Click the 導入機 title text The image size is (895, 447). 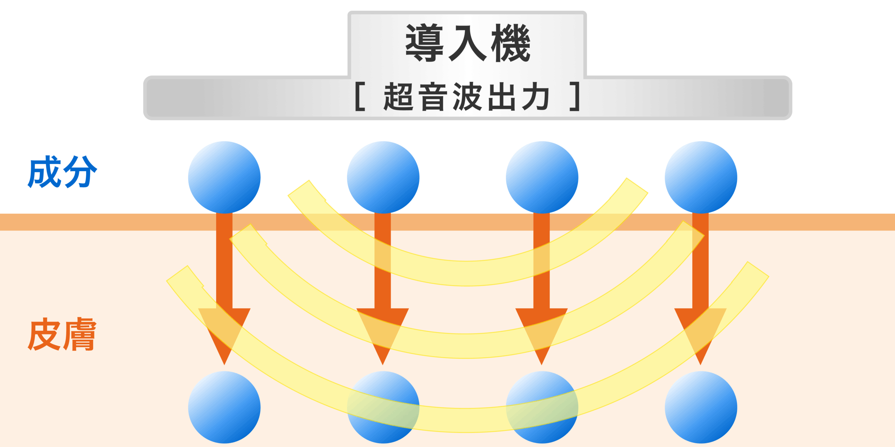coord(468,43)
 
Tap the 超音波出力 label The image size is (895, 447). coord(466,97)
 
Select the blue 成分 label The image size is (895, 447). coord(62,172)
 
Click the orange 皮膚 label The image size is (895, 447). coord(62,334)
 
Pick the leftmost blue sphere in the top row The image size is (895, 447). coord(224,177)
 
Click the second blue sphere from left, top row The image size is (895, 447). coord(383,177)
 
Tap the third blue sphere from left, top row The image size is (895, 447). coord(542,177)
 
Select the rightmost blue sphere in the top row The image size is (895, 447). coord(701,177)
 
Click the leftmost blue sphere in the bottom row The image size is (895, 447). coord(224,407)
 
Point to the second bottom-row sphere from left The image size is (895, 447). coord(383,407)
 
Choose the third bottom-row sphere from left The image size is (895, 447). coord(542,407)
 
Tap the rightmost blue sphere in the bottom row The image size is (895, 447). coord(701,407)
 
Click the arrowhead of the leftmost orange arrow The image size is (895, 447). coord(224,332)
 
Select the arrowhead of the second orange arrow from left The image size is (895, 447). coord(383,332)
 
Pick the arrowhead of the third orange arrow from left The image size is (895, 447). coord(542,332)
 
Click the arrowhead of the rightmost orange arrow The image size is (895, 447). coord(700,332)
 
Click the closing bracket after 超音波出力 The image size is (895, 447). coord(575,97)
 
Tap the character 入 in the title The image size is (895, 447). coord(468,43)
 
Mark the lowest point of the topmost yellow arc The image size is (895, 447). coord(467,273)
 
